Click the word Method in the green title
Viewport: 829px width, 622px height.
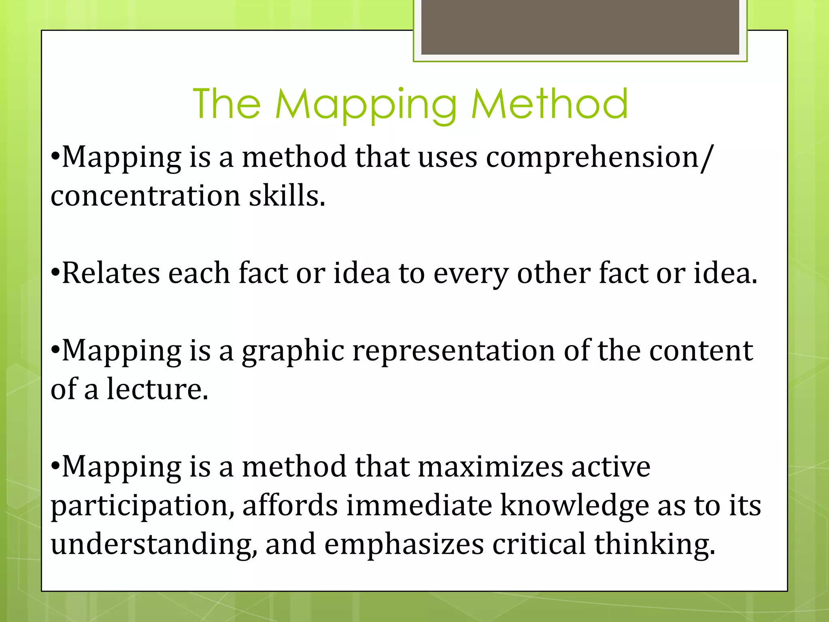point(549,104)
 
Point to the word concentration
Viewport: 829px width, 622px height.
point(145,196)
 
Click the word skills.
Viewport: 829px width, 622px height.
point(287,196)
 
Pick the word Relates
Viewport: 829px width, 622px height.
point(111,273)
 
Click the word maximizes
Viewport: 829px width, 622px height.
point(490,467)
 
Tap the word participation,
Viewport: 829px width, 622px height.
point(142,506)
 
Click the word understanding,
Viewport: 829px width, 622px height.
point(154,545)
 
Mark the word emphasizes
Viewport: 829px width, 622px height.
point(404,545)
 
